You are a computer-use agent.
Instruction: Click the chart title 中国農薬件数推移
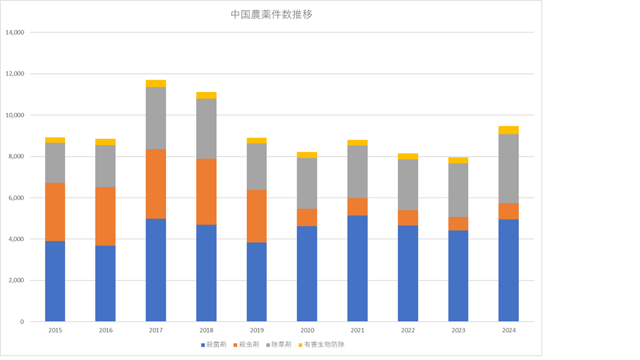tap(272, 15)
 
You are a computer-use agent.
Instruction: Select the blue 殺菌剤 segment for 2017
tap(156, 270)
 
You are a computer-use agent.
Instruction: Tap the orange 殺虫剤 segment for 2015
tap(55, 212)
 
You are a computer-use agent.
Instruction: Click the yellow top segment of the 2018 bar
tap(206, 95)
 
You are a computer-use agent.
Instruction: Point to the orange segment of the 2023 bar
tap(458, 223)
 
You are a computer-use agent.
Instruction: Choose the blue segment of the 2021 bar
tap(357, 268)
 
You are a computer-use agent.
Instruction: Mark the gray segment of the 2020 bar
tap(307, 183)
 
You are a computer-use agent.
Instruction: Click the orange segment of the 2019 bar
tap(257, 216)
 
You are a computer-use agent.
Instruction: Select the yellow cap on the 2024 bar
tap(508, 130)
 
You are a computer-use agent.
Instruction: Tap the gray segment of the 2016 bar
tap(106, 166)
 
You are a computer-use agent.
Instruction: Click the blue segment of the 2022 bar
tap(408, 273)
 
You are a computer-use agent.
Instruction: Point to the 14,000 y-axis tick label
tap(15, 32)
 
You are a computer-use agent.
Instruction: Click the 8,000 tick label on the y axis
tap(17, 157)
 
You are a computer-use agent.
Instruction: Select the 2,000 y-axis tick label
tap(17, 281)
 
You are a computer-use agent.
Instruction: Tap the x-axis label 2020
tap(307, 331)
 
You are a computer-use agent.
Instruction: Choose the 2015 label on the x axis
tap(55, 331)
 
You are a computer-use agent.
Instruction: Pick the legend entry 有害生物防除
tap(326, 344)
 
